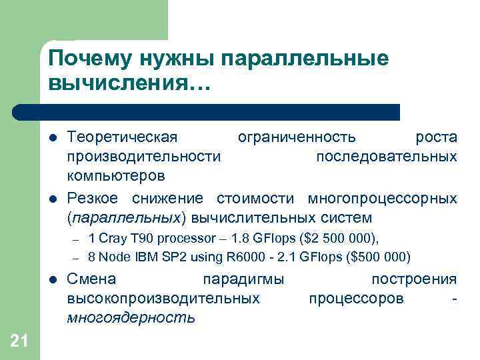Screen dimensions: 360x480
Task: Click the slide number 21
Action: point(19,341)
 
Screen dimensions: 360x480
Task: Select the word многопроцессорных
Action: point(382,198)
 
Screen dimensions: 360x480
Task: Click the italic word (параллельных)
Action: point(125,218)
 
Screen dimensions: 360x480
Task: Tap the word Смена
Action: point(91,279)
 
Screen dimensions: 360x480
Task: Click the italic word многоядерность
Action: point(131,317)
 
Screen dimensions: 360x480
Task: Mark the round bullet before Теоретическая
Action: point(53,138)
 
